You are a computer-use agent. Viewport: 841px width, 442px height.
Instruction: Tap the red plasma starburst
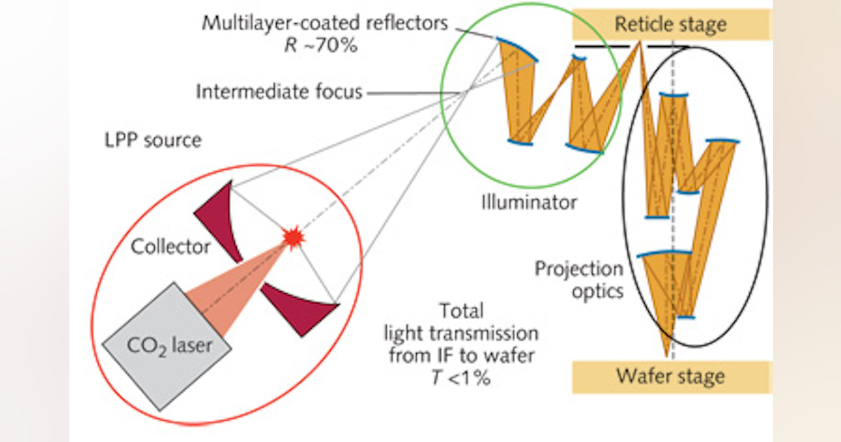[293, 238]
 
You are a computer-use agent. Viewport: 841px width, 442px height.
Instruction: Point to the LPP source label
[151, 140]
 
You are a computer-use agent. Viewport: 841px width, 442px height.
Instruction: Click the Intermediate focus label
[279, 92]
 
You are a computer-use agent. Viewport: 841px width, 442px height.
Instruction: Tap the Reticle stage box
[671, 25]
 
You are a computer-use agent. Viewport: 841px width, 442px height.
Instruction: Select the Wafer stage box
[671, 376]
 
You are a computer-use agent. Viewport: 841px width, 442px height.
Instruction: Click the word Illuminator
[529, 203]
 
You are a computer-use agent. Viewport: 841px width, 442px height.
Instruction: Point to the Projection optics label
[579, 279]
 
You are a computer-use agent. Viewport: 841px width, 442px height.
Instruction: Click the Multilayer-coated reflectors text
[324, 23]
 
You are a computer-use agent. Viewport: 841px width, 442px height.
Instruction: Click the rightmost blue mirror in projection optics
[722, 142]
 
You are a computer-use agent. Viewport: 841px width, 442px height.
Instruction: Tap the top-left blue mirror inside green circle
[519, 50]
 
